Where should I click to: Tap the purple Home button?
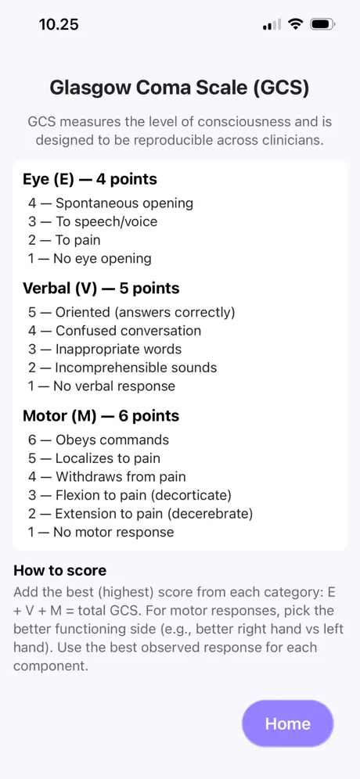pyautogui.click(x=287, y=723)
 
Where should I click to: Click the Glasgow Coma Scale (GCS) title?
pyautogui.click(x=179, y=88)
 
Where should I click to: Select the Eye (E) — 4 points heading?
pyautogui.click(x=90, y=179)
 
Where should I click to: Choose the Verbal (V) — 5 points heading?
pyautogui.click(x=102, y=288)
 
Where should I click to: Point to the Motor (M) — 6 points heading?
pyautogui.click(x=101, y=416)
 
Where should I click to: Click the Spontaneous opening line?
pyautogui.click(x=110, y=203)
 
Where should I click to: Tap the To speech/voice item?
pyautogui.click(x=92, y=221)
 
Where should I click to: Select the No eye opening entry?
pyautogui.click(x=89, y=258)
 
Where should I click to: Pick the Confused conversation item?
pyautogui.click(x=114, y=331)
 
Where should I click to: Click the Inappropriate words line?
pyautogui.click(x=104, y=350)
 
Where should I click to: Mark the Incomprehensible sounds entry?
pyautogui.click(x=122, y=368)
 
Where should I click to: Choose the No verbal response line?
pyautogui.click(x=102, y=386)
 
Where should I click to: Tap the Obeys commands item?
pyautogui.click(x=99, y=440)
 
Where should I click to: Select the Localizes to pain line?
pyautogui.click(x=94, y=458)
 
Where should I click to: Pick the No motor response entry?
pyautogui.click(x=101, y=532)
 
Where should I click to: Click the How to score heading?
pyautogui.click(x=59, y=570)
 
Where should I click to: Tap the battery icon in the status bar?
pyautogui.click(x=322, y=23)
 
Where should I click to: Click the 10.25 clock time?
pyautogui.click(x=59, y=24)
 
